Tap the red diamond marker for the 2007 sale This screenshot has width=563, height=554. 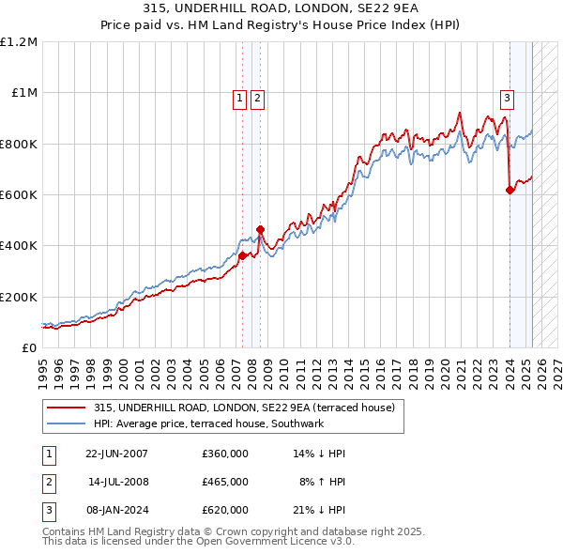point(242,255)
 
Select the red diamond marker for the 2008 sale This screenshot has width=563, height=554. point(260,229)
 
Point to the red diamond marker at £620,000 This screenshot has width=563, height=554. point(510,190)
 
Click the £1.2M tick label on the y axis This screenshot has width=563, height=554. point(19,42)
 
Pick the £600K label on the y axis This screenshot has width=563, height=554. point(19,195)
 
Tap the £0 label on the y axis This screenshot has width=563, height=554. point(29,347)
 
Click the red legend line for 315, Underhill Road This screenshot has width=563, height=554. point(66,408)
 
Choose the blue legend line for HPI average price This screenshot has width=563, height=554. point(66,423)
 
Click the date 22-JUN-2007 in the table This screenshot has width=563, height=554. point(116,454)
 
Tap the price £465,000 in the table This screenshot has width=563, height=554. point(224,482)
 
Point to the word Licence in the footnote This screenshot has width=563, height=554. point(299,542)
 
